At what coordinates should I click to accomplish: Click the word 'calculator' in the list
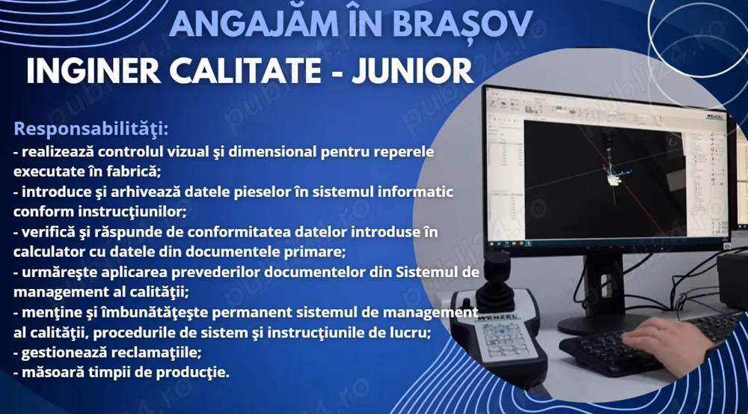pyautogui.click(x=46, y=252)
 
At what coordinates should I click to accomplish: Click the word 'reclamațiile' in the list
pyautogui.click(x=156, y=351)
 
